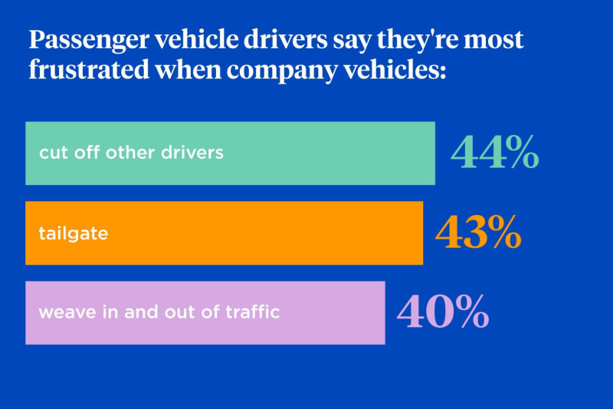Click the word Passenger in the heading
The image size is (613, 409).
[89, 41]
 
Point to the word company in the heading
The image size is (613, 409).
[282, 71]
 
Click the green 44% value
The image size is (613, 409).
[495, 152]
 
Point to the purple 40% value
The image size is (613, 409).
[443, 312]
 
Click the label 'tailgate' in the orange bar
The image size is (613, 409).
[73, 233]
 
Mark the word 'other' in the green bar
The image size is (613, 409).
[129, 152]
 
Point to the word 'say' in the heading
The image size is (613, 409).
[352, 41]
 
